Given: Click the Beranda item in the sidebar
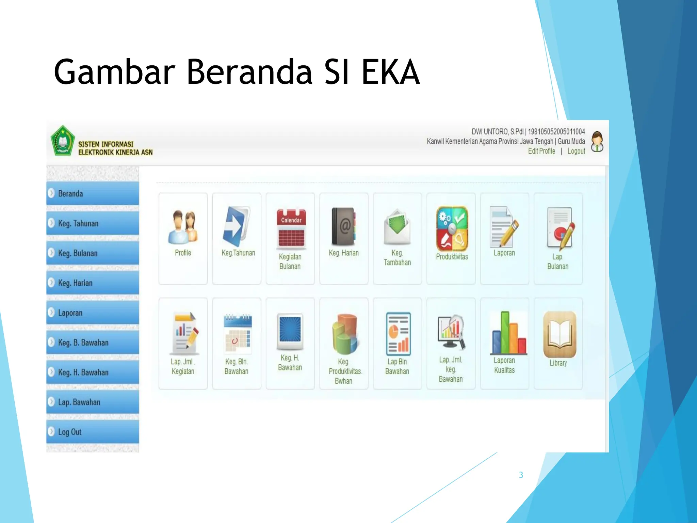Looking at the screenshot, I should tap(92, 193).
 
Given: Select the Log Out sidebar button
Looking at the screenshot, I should tap(92, 432).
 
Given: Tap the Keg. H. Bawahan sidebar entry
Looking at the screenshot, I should tap(92, 372).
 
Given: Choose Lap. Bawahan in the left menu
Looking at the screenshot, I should tap(92, 402).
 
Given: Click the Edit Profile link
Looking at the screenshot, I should tap(541, 151).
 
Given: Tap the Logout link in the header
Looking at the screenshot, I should tap(576, 151).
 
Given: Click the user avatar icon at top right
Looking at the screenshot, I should tap(597, 142).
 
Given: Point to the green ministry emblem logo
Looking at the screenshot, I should tap(63, 141).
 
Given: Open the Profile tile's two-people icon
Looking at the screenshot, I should tap(183, 227).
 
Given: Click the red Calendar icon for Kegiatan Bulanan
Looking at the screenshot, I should tap(291, 227).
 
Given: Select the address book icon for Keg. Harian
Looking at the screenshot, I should tap(344, 227).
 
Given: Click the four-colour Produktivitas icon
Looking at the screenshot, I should tap(452, 229).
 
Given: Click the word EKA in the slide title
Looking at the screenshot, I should tap(390, 72).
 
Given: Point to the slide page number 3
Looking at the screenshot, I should tap(521, 475).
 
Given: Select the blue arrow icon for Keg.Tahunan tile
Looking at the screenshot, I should tap(236, 226).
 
